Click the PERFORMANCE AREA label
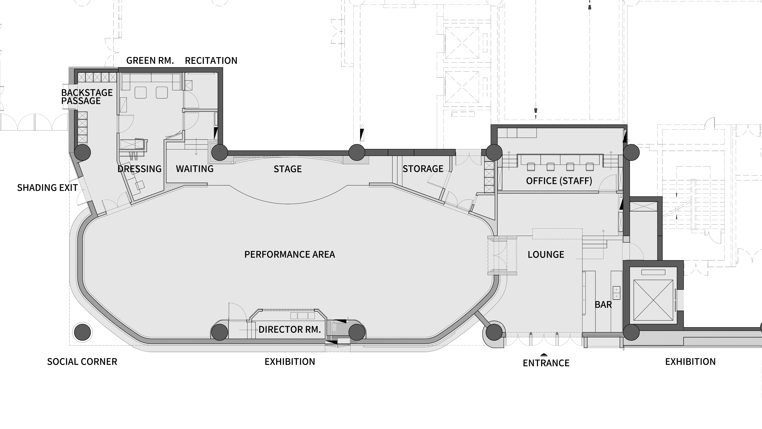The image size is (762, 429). (290, 254)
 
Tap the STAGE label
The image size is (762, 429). (288, 169)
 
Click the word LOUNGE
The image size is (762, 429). (546, 255)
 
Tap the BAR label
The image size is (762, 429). (603, 305)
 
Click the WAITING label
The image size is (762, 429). (195, 169)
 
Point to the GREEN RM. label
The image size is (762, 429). (150, 61)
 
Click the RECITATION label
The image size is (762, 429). (211, 61)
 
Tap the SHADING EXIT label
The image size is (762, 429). (47, 188)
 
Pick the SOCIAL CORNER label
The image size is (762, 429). (82, 362)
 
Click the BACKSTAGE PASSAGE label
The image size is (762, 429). (87, 97)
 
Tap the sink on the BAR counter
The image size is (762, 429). (616, 293)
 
